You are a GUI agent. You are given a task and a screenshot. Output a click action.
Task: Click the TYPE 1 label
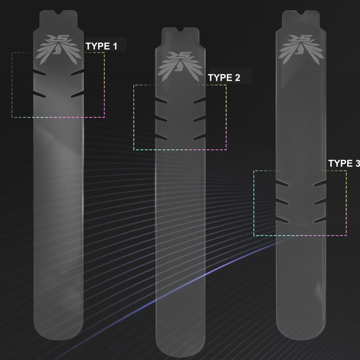101,46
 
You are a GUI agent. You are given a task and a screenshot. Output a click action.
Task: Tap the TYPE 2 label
224,77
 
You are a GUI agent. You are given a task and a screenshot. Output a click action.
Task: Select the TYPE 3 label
344,163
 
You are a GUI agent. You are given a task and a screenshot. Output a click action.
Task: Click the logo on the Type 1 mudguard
59,49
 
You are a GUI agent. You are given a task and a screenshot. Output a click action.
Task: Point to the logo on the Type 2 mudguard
180,67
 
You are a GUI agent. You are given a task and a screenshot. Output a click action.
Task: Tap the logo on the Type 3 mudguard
301,49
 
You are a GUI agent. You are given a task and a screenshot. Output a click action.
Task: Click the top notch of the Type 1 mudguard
59,12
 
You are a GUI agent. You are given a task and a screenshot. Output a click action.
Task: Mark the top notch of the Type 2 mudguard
180,29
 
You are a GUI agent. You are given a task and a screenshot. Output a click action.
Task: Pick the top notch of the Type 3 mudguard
301,12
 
